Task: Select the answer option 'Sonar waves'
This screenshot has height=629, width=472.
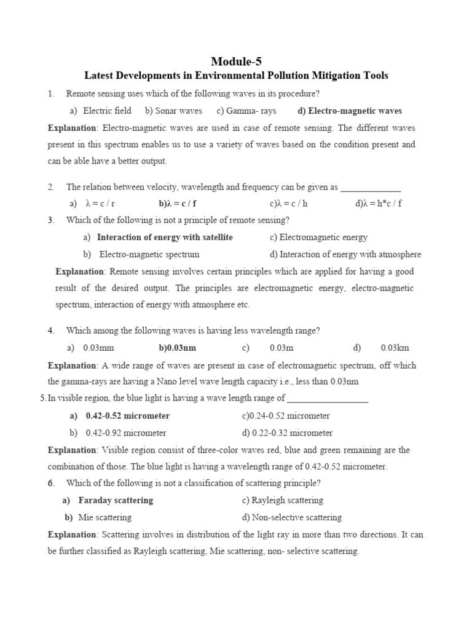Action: tap(173, 111)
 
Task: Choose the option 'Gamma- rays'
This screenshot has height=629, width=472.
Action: tap(246, 111)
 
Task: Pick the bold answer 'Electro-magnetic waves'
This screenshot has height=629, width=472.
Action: tap(350, 111)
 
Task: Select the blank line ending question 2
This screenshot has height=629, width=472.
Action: tap(370, 188)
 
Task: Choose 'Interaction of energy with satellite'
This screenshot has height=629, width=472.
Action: tap(165, 237)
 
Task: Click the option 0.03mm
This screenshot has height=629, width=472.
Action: tap(98, 348)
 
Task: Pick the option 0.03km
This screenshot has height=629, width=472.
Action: tap(395, 348)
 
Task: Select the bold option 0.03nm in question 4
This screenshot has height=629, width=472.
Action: tap(178, 348)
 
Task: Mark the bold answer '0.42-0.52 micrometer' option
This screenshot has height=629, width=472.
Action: tap(127, 416)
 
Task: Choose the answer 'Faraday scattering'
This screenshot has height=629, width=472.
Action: tap(116, 500)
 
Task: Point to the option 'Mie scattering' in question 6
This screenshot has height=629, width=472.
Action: tap(104, 517)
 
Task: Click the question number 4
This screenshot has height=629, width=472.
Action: tap(51, 330)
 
